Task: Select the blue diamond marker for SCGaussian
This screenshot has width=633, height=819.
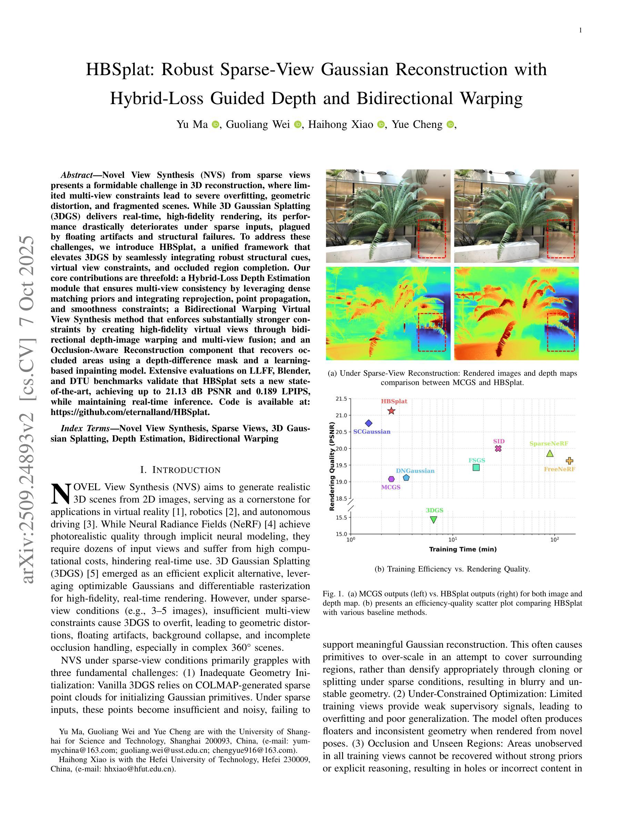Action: click(x=369, y=423)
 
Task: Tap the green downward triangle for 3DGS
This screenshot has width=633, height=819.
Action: click(x=433, y=520)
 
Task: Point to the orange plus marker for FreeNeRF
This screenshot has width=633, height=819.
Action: click(x=569, y=461)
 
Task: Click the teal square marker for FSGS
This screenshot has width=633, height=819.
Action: click(x=476, y=468)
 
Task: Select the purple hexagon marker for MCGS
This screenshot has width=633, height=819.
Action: click(x=392, y=479)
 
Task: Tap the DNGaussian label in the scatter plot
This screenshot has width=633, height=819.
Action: click(x=415, y=471)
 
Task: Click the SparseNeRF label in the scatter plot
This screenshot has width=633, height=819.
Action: click(x=549, y=444)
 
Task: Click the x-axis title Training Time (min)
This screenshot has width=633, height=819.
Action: click(x=463, y=549)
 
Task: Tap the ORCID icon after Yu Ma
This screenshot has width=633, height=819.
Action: click(x=215, y=124)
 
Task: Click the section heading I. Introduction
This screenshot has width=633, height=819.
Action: click(x=180, y=470)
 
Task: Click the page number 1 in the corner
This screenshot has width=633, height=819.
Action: click(x=581, y=30)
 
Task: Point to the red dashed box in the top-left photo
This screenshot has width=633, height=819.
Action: click(x=432, y=239)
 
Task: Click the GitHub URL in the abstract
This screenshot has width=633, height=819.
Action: click(x=130, y=412)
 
